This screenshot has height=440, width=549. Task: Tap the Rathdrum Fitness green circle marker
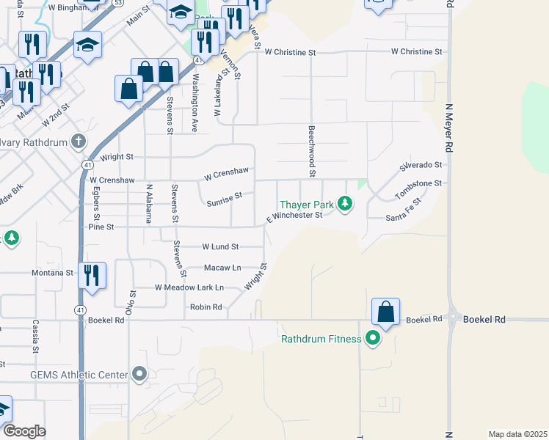click(x=373, y=339)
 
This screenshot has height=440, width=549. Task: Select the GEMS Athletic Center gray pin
click(x=139, y=375)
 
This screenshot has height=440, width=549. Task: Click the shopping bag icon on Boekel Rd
click(x=385, y=312)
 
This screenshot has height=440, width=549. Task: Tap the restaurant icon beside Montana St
click(x=92, y=275)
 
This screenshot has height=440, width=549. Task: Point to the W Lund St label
click(x=220, y=246)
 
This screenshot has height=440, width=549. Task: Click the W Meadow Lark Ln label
click(x=189, y=287)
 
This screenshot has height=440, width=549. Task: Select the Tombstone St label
click(x=420, y=188)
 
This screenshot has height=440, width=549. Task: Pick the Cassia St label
click(x=34, y=336)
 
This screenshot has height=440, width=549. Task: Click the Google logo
click(x=25, y=431)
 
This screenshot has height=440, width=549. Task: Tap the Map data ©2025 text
click(x=517, y=434)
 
